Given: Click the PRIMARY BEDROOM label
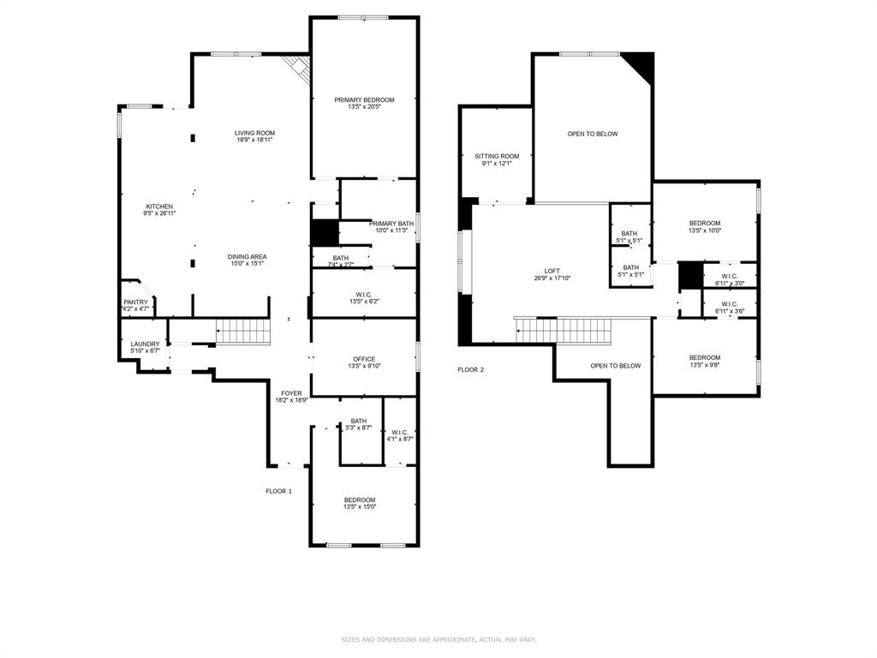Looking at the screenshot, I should tap(364, 100).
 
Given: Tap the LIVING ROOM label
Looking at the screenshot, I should tap(255, 133).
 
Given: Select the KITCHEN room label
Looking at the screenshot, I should tap(159, 206).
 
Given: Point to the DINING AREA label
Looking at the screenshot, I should tap(247, 257).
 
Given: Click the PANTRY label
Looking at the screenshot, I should tap(135, 302).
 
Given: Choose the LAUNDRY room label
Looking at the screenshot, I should tap(145, 344).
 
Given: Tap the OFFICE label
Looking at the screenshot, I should tap(364, 359).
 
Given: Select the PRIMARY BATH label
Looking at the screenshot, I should tap(391, 224).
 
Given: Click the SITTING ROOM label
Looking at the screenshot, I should tap(497, 156).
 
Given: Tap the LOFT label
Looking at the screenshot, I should tap(552, 271).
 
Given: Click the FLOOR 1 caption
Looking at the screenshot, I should tap(278, 491).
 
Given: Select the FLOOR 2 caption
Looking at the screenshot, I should tap(470, 369).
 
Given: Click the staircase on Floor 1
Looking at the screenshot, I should tap(242, 332).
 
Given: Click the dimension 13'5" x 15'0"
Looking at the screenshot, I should tap(360, 506).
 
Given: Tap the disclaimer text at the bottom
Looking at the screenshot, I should tap(438, 639).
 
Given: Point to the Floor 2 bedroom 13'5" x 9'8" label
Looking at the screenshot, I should tap(705, 357).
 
